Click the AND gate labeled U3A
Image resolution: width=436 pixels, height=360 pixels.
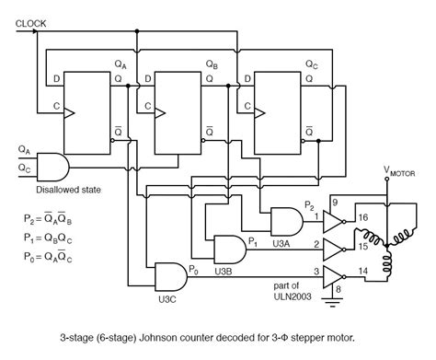284,218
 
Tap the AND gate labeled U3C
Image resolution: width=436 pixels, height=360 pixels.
170,274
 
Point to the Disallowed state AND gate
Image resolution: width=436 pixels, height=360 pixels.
54,167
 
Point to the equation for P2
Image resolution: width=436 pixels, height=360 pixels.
49,219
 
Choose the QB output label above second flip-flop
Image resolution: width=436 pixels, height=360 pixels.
212,65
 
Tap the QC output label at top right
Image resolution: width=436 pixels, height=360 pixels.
311,65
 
